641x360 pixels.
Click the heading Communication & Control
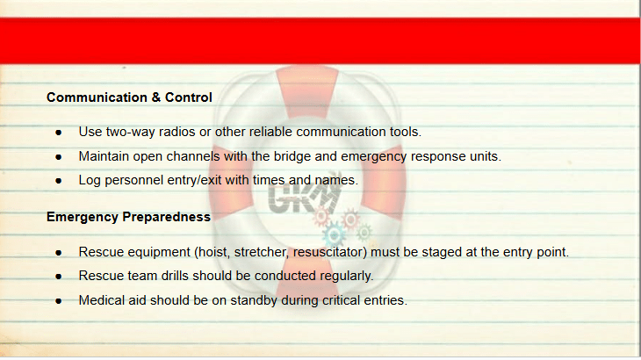129,97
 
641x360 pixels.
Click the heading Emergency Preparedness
128,217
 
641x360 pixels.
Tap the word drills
175,276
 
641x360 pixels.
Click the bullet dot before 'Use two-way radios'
59,133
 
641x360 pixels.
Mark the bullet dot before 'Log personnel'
59,181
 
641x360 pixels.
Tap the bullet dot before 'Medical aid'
59,301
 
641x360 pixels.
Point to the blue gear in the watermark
334,235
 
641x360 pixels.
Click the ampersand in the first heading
155,97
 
